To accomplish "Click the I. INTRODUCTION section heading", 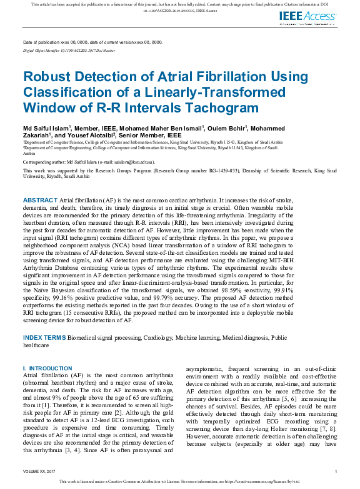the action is [x=47, y=368].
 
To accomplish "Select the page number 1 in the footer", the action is [x=336, y=471].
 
